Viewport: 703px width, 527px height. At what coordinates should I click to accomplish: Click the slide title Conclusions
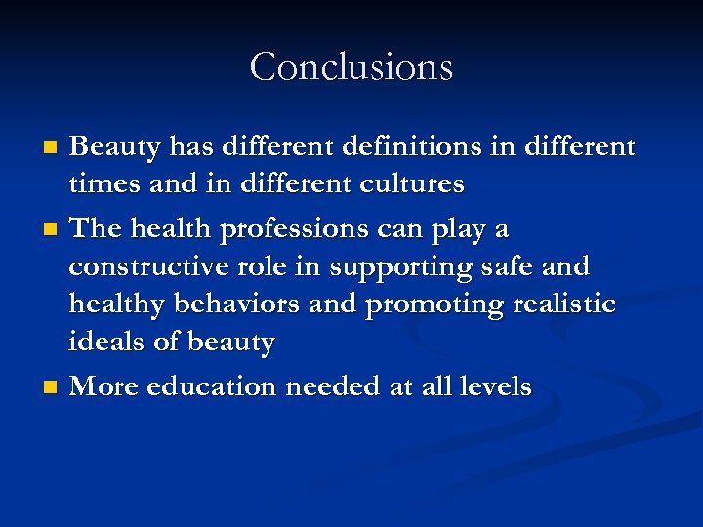pyautogui.click(x=351, y=67)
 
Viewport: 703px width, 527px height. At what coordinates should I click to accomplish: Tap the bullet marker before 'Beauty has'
pyautogui.click(x=52, y=147)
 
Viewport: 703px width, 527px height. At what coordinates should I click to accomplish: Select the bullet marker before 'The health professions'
pyautogui.click(x=52, y=230)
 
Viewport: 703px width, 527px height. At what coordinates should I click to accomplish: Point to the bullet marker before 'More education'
pyautogui.click(x=52, y=387)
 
